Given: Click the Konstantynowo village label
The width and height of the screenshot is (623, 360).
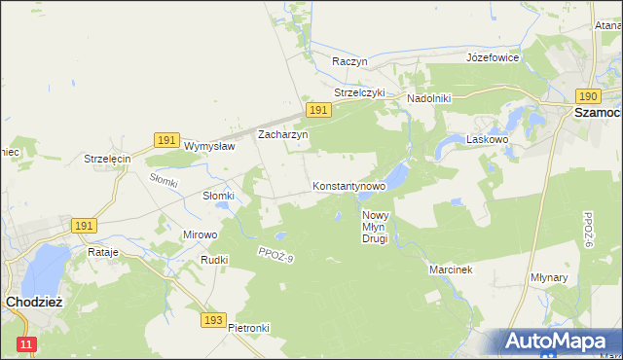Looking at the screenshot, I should click(349, 185).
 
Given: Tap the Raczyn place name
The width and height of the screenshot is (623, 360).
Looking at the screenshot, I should click(349, 60).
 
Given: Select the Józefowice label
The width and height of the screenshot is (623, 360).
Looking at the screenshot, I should click(493, 57).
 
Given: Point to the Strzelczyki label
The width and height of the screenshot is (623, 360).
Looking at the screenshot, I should click(360, 92).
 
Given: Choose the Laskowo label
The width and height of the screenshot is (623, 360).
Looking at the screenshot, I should click(489, 139).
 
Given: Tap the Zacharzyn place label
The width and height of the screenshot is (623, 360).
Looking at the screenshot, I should click(282, 135).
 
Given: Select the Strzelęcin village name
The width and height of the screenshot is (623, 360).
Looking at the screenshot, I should click(107, 159).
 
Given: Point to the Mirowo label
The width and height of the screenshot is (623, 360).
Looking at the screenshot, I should click(201, 234).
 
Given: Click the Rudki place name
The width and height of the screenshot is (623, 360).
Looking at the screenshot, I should click(213, 260).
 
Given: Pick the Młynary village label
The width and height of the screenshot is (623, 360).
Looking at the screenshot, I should click(576, 277).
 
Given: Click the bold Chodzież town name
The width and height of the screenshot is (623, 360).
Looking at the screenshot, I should click(34, 302).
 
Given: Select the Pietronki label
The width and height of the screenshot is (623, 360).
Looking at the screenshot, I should click(248, 328).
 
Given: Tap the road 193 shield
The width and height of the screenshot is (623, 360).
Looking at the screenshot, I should click(215, 319).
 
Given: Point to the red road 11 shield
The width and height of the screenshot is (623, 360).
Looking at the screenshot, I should click(26, 344).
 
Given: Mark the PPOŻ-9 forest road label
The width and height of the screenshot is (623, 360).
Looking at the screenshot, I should click(275, 255).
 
